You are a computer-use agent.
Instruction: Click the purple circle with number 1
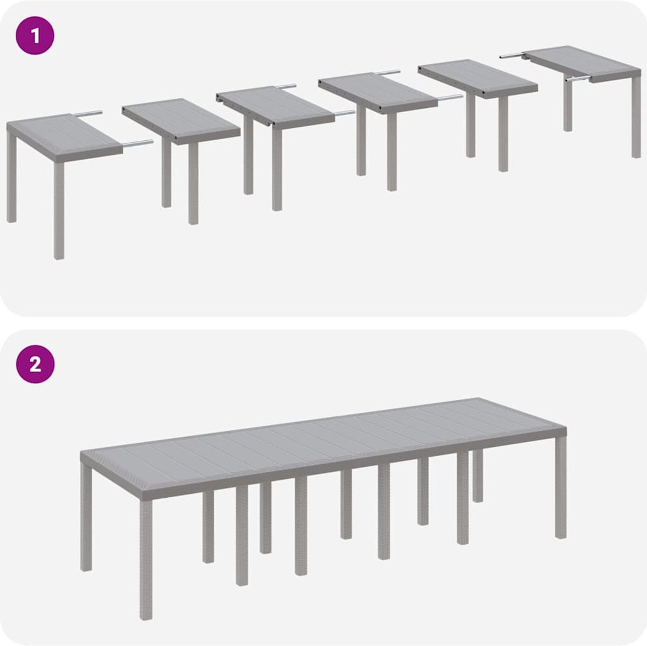[x=35, y=35]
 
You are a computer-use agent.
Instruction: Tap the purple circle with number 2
[x=35, y=364]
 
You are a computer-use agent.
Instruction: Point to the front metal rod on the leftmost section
[x=137, y=144]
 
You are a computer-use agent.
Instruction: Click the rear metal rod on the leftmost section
[x=88, y=114]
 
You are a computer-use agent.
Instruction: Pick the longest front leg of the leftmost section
[x=59, y=210]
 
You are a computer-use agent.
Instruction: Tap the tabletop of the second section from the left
[x=181, y=121]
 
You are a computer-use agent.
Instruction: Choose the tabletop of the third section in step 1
[x=276, y=107]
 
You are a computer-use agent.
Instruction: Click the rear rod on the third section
[x=286, y=86]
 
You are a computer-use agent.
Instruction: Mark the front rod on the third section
[x=345, y=114]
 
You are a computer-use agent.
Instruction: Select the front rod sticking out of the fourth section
[x=450, y=99]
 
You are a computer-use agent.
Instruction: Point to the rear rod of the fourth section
[x=388, y=72]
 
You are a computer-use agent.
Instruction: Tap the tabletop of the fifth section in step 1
[x=478, y=79]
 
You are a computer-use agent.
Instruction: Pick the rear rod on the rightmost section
[x=511, y=57]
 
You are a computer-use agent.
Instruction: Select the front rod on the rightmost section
[x=577, y=79]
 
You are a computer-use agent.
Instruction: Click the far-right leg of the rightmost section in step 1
[x=636, y=118]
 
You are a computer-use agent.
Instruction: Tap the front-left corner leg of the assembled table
[x=146, y=554]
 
